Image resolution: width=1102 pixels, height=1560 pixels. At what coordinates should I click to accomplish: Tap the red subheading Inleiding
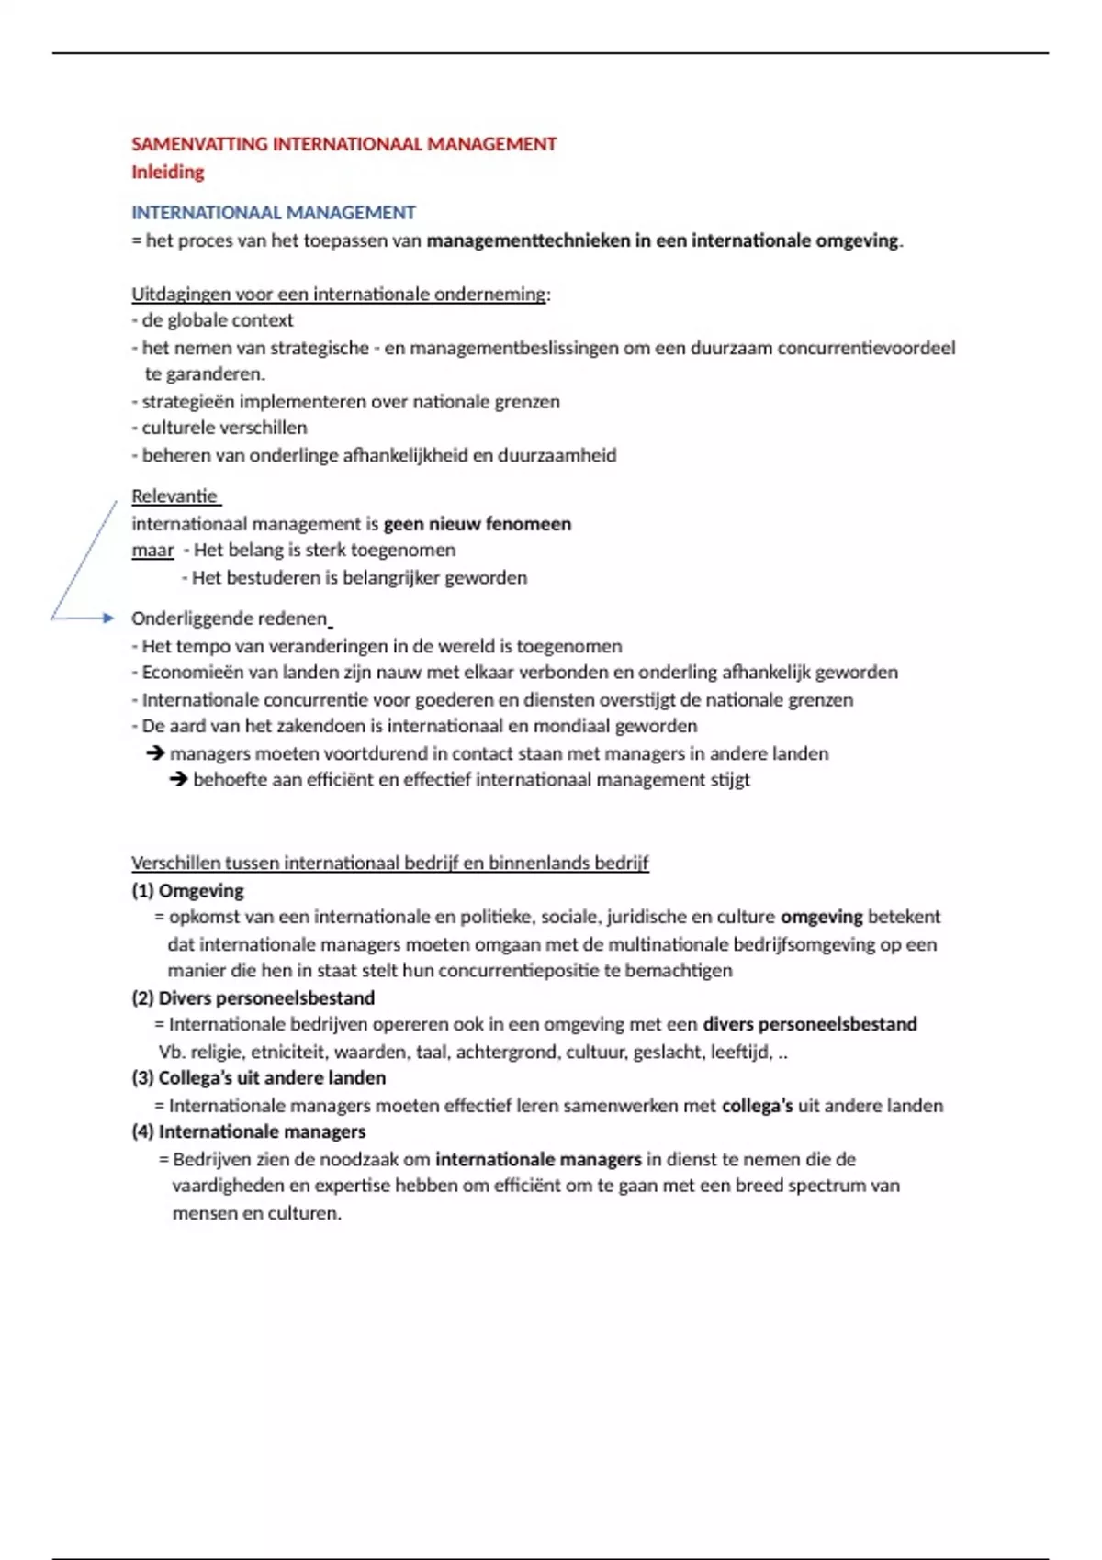167,172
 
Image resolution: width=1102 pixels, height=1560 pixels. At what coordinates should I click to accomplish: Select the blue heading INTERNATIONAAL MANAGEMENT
273,213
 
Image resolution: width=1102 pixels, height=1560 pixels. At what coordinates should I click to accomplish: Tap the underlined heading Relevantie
174,496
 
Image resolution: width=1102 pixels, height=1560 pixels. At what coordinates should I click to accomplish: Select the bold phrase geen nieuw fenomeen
477,524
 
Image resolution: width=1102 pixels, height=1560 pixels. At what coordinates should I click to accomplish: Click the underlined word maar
152,551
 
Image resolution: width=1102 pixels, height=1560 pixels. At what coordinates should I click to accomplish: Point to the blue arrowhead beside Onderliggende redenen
107,618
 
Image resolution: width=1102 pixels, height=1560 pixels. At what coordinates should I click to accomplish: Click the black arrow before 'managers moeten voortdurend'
155,753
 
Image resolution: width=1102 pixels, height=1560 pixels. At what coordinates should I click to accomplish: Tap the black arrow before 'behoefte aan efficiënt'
178,780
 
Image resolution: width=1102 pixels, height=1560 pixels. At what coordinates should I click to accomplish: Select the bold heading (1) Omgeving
187,890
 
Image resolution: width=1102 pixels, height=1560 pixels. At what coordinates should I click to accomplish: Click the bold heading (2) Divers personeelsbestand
253,997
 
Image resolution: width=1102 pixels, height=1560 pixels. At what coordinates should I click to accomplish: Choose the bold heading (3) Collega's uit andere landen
258,1077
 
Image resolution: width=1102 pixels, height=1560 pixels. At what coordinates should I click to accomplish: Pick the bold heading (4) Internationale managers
248,1131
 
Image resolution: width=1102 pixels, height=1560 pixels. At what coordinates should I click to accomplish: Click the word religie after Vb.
217,1052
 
